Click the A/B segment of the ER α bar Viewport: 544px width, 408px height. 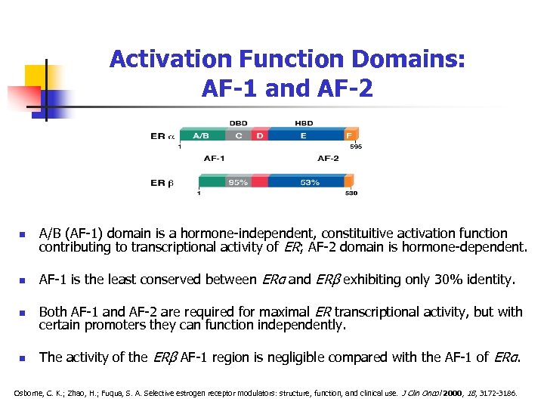click(202, 136)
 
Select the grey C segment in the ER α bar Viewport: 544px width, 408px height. click(239, 136)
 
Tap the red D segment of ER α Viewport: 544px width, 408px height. click(260, 136)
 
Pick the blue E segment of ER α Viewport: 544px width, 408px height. click(304, 136)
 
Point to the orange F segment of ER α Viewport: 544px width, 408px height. click(349, 136)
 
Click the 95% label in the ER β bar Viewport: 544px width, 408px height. click(238, 182)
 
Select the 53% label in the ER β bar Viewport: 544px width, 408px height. click(311, 182)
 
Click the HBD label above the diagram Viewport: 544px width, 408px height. click(304, 123)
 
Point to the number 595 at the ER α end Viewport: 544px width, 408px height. click(355, 147)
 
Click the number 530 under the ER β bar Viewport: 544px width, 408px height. click(351, 193)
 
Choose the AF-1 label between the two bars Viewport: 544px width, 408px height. click(214, 159)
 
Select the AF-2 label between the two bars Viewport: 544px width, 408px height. click(328, 159)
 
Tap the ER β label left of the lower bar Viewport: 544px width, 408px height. click(162, 182)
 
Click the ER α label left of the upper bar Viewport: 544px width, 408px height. click(162, 136)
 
